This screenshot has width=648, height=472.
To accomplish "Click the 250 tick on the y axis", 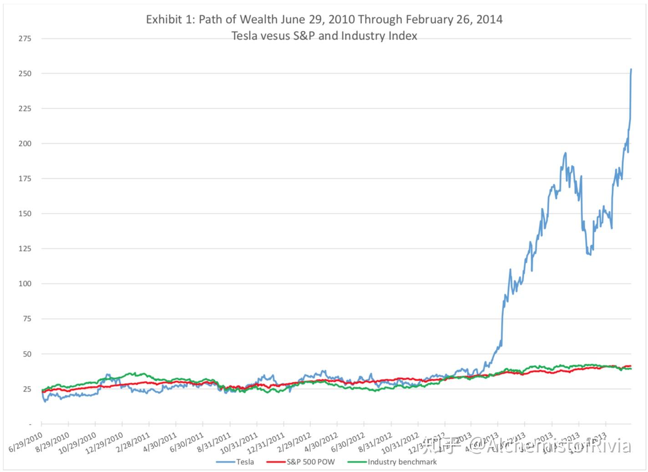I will pos(25,74).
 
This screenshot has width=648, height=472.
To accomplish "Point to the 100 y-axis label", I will pos(25,284).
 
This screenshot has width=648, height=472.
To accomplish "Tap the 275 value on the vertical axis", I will pos(25,39).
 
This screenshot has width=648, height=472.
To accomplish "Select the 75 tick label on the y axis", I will pos(26,319).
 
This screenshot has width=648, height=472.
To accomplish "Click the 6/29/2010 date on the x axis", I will pos(26,442).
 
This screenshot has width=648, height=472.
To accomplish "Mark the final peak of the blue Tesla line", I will pos(631,70).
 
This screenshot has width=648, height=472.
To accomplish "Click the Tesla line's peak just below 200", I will pos(565,153).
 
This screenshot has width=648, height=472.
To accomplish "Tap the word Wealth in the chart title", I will pos(258,20).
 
